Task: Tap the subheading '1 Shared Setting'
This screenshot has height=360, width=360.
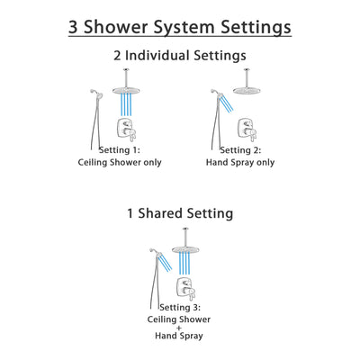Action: (180, 214)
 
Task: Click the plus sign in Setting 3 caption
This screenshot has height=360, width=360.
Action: (180, 328)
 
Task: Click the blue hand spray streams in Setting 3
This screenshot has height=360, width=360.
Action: (166, 265)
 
